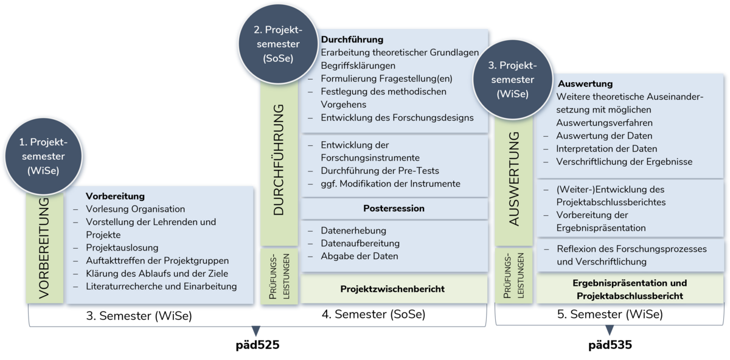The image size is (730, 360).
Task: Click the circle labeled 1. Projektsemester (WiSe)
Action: (x=43, y=156)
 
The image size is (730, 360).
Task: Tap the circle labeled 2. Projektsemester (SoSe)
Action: (x=278, y=44)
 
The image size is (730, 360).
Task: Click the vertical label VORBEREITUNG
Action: (x=44, y=248)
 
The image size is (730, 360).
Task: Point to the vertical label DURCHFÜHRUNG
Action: (x=279, y=160)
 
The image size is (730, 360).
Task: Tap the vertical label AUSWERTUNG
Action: (x=514, y=179)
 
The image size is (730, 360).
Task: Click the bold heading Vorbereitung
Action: (x=115, y=196)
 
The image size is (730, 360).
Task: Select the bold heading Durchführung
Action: (x=352, y=40)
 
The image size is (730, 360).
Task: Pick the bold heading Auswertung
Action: (x=585, y=84)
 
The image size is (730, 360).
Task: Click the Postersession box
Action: (x=394, y=209)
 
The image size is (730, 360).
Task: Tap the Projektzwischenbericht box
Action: (x=392, y=289)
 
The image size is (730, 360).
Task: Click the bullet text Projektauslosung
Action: (x=122, y=247)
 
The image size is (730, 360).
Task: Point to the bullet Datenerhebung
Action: (x=353, y=231)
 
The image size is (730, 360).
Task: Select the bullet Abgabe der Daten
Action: (x=360, y=256)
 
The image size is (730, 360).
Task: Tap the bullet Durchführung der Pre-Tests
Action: (x=380, y=170)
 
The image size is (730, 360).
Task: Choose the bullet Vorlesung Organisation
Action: (x=135, y=209)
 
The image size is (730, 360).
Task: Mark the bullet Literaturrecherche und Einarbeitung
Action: (x=161, y=286)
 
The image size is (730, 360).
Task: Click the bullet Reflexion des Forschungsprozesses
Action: (x=631, y=249)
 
